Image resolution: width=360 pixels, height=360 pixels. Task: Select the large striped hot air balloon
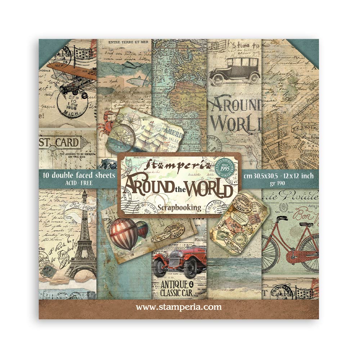pos(124,233)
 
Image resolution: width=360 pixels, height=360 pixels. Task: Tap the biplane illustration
pos(72,77)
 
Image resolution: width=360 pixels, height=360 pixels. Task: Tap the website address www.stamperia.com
pos(179,307)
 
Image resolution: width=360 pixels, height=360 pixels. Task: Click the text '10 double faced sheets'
pos(78,175)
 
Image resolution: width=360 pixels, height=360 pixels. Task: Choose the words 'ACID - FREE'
pos(78,183)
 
